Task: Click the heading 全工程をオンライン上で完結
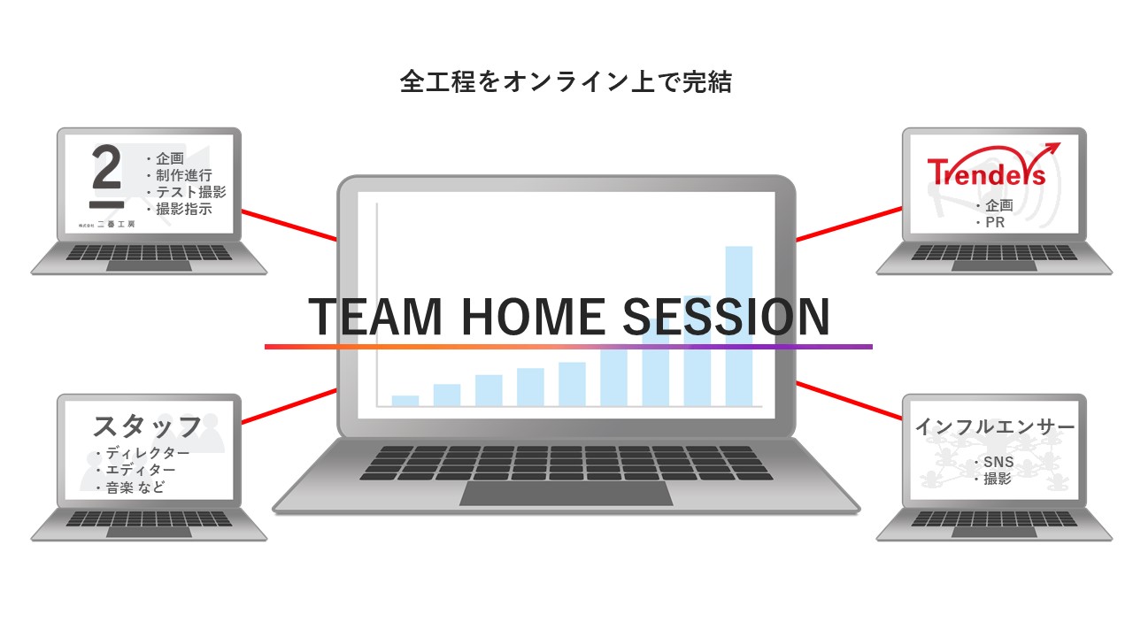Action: (x=566, y=82)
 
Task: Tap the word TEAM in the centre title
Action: (x=375, y=317)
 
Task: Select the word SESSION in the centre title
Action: (x=726, y=317)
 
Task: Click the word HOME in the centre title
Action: (x=533, y=317)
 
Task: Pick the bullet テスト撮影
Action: (x=186, y=192)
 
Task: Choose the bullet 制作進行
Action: (x=179, y=175)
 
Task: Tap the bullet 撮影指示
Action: (x=179, y=209)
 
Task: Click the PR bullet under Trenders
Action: (x=990, y=222)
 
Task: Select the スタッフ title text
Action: (x=148, y=426)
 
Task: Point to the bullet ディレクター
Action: (x=143, y=452)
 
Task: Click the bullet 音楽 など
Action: (x=130, y=487)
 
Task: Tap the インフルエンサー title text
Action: (x=995, y=427)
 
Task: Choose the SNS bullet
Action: (x=994, y=462)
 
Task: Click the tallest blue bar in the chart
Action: (x=739, y=326)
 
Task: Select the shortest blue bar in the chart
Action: (x=405, y=401)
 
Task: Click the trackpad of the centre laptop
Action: (x=566, y=494)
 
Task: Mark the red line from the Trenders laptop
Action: (x=849, y=224)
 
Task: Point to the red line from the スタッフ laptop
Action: (x=289, y=406)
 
